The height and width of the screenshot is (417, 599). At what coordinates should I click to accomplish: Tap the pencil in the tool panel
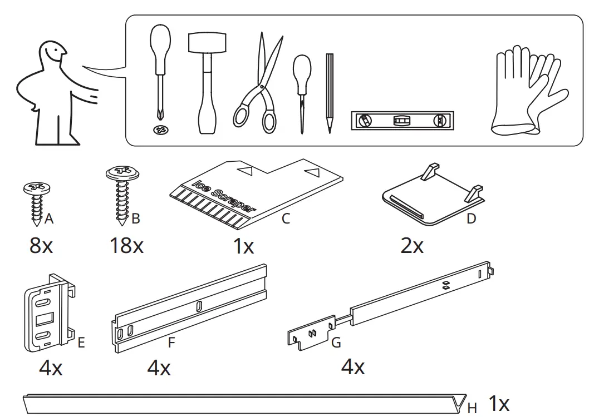(330, 92)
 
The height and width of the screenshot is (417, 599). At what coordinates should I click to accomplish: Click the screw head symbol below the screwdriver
(161, 131)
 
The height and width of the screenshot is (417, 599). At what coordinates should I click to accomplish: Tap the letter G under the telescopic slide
(336, 343)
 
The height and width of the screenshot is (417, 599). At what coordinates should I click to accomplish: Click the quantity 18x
(126, 245)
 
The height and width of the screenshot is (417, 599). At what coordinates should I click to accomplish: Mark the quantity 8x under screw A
(41, 245)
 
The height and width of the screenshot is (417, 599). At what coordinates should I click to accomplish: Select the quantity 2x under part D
(412, 245)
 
